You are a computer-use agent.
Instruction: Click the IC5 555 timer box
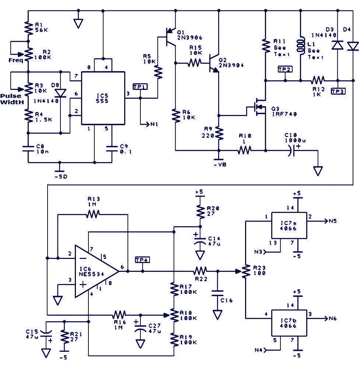pyautogui.click(x=103, y=98)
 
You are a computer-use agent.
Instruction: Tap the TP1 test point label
pyautogui.click(x=140, y=87)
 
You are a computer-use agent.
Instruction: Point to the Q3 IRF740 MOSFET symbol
pyautogui.click(x=258, y=107)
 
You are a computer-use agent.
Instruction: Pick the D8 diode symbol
pyautogui.click(x=60, y=93)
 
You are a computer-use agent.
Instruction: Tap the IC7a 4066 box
pyautogui.click(x=289, y=225)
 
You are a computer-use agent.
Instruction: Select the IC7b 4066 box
pyautogui.click(x=289, y=323)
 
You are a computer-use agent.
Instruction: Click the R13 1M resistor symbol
pyautogui.click(x=93, y=214)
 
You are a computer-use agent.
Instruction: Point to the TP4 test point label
pyautogui.click(x=142, y=260)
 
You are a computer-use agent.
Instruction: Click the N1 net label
pyautogui.click(x=154, y=124)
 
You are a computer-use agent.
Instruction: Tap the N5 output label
pyautogui.click(x=332, y=221)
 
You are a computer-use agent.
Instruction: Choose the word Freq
pyautogui.click(x=16, y=60)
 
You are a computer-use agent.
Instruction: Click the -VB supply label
pyautogui.click(x=220, y=165)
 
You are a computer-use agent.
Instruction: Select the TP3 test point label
pyautogui.click(x=338, y=91)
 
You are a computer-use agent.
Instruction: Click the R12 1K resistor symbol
pyautogui.click(x=318, y=81)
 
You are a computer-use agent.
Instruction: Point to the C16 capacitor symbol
pyautogui.click(x=217, y=293)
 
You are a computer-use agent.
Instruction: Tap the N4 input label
pyautogui.click(x=259, y=350)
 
